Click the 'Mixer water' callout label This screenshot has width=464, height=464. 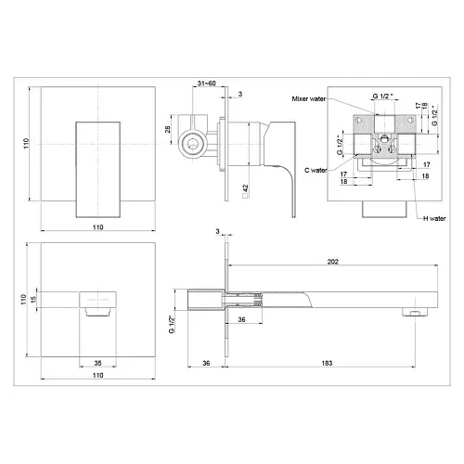pyautogui.click(x=309, y=99)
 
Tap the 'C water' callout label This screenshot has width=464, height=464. pyautogui.click(x=316, y=170)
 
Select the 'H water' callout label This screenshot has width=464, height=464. pyautogui.click(x=434, y=218)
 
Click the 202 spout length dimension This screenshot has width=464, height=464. pyautogui.click(x=333, y=262)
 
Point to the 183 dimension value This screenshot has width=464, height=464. pyautogui.click(x=327, y=363)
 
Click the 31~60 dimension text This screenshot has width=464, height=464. pyautogui.click(x=207, y=84)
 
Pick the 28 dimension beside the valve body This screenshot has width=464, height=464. pyautogui.click(x=167, y=129)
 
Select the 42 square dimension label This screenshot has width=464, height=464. pyautogui.click(x=246, y=191)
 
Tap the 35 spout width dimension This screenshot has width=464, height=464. pyautogui.click(x=97, y=363)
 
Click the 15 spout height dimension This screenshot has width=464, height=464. pyautogui.click(x=33, y=299)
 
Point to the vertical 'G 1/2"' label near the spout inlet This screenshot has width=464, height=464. pyautogui.click(x=172, y=324)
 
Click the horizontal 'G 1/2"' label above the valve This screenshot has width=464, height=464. pyautogui.click(x=382, y=96)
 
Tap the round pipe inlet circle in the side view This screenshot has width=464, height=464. pyautogui.click(x=192, y=144)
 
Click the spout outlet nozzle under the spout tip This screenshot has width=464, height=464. pyautogui.click(x=416, y=312)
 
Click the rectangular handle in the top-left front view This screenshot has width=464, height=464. pyautogui.click(x=98, y=170)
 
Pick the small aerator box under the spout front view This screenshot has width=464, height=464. pyautogui.click(x=97, y=312)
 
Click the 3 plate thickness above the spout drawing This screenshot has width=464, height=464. pyautogui.click(x=218, y=231)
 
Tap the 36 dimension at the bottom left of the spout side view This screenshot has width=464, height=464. pyautogui.click(x=206, y=363)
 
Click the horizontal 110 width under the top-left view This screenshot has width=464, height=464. pyautogui.click(x=97, y=227)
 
